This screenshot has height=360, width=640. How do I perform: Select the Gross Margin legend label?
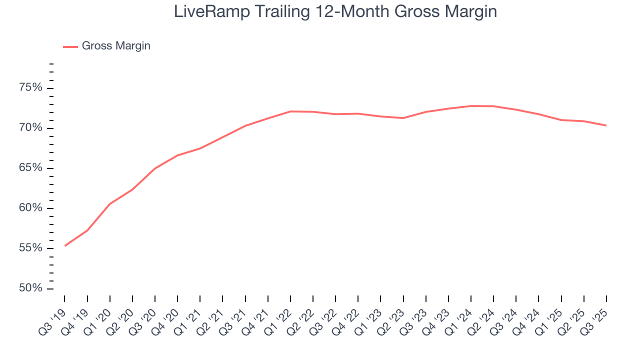coord(116,46)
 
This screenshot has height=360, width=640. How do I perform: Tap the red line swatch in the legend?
coord(70,46)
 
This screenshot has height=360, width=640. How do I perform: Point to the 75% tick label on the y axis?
coord(30,88)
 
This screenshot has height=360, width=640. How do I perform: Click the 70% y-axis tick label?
coord(30,128)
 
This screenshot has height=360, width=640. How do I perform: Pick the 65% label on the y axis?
coord(30,168)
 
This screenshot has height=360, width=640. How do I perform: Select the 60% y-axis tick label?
coord(30,208)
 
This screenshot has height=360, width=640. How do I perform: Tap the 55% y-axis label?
coord(30,248)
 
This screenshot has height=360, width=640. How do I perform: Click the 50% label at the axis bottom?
coord(30,288)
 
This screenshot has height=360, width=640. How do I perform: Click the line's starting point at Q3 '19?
coord(65,245)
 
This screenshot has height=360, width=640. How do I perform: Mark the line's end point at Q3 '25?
coord(606,125)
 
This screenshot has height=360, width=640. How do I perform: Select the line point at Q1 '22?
coord(290,111)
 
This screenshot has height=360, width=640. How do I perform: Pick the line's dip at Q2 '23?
coord(403,118)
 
